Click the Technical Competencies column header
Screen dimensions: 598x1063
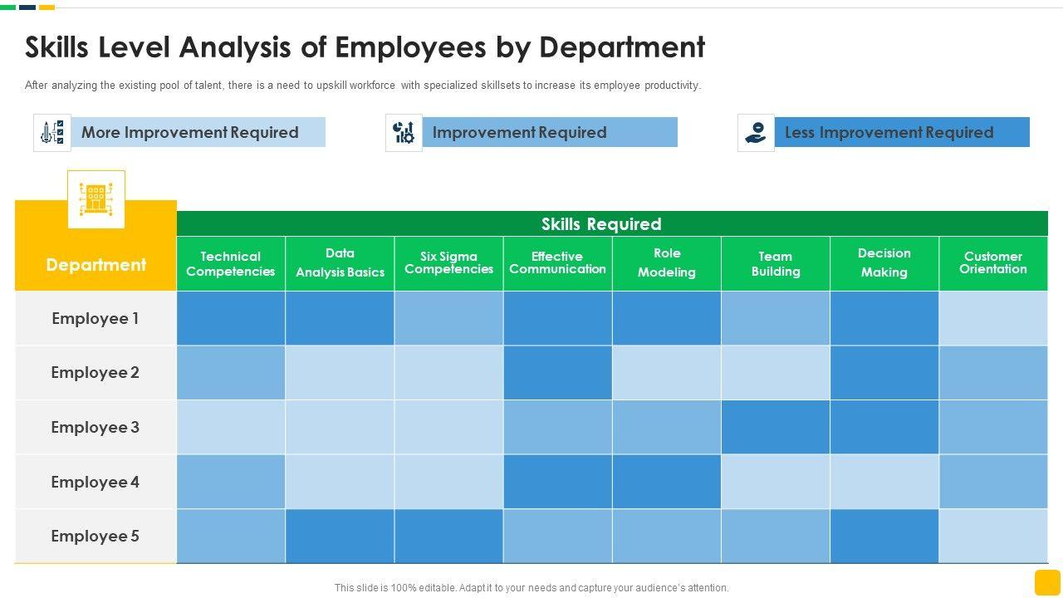pyautogui.click(x=230, y=264)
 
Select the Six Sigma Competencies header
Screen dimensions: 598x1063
pyautogui.click(x=448, y=263)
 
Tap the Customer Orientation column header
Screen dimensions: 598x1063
pyautogui.click(x=993, y=263)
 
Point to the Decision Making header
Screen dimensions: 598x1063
pyautogui.click(x=884, y=263)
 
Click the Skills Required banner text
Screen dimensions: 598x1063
pyautogui.click(x=601, y=224)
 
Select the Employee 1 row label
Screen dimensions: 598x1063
pyautogui.click(x=96, y=319)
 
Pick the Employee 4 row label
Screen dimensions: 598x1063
pyautogui.click(x=96, y=483)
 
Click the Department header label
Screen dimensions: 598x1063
pyautogui.click(x=96, y=265)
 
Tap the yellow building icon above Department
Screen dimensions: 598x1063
pyautogui.click(x=96, y=199)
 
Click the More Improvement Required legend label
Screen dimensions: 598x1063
pyautogui.click(x=189, y=133)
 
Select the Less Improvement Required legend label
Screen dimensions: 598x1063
pyautogui.click(x=889, y=133)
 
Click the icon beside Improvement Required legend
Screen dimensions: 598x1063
pyautogui.click(x=404, y=133)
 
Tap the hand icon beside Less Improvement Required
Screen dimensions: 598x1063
pyautogui.click(x=756, y=133)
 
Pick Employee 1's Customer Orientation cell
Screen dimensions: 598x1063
pyautogui.click(x=993, y=319)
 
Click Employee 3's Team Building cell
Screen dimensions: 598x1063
pyautogui.click(x=776, y=428)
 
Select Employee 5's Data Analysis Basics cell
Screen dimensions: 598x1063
pyautogui.click(x=340, y=537)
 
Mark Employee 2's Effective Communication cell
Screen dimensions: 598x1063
pyautogui.click(x=557, y=373)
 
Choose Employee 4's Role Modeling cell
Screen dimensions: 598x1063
pyautogui.click(x=666, y=483)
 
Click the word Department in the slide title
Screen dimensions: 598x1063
pyautogui.click(x=622, y=48)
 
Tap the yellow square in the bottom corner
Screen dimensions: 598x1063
pyautogui.click(x=1047, y=582)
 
